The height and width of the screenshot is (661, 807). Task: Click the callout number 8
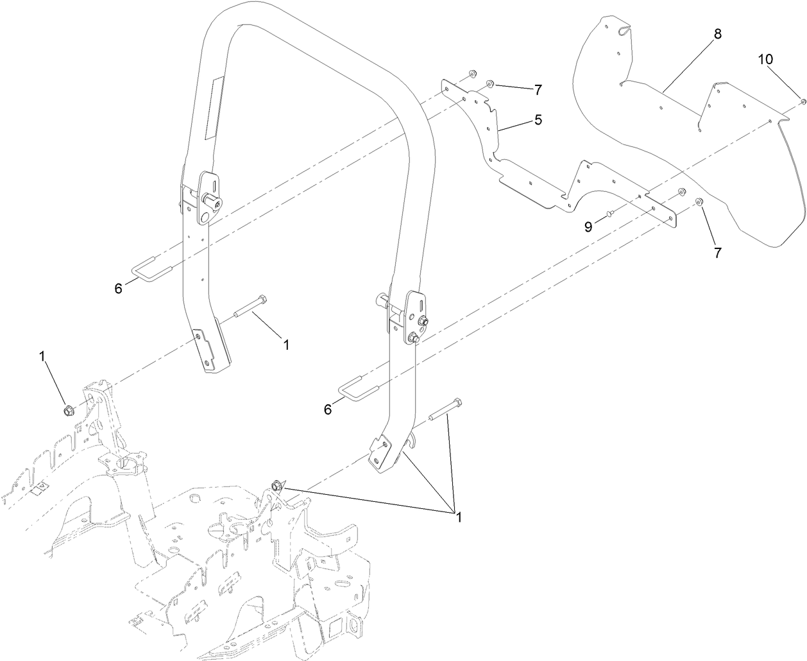(x=717, y=34)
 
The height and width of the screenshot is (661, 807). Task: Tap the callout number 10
(x=766, y=59)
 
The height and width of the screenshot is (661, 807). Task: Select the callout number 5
(x=538, y=119)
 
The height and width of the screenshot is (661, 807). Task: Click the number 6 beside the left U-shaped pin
(x=118, y=289)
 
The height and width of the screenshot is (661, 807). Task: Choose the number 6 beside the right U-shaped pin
(x=328, y=409)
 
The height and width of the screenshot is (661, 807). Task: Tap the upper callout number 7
(x=538, y=89)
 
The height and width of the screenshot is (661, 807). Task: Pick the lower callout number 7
(x=717, y=252)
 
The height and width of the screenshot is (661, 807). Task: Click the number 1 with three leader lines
(x=457, y=515)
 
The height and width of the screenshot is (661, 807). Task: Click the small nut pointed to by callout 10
(x=803, y=101)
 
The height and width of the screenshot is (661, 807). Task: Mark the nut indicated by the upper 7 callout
(x=489, y=83)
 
